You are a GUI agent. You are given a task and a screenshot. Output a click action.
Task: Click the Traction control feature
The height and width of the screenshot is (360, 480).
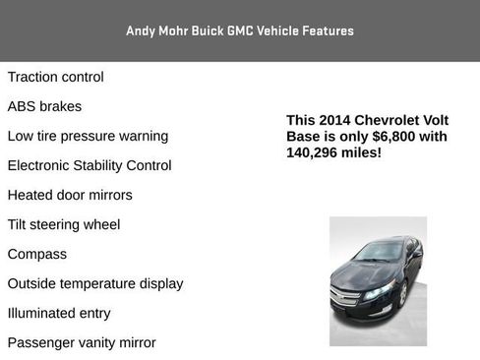(x=55, y=77)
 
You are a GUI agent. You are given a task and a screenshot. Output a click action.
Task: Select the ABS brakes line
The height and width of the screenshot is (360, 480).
(x=44, y=106)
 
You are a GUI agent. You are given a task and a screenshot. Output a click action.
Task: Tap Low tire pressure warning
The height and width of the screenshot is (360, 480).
(x=88, y=136)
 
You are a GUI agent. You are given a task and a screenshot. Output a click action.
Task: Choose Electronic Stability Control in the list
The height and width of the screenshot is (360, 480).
(x=90, y=165)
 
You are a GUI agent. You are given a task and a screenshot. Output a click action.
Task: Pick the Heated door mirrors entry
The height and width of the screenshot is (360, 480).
(x=70, y=195)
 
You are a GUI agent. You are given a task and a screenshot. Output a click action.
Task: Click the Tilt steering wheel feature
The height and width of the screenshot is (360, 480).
(x=64, y=224)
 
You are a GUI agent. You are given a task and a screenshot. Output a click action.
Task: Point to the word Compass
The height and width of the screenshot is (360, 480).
(x=37, y=254)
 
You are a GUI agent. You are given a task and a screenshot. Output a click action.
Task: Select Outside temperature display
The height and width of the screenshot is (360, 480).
(x=95, y=283)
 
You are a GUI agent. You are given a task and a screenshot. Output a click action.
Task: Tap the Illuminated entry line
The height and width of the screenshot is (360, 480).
(x=59, y=313)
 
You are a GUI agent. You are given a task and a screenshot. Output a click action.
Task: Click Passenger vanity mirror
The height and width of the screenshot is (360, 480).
(x=82, y=342)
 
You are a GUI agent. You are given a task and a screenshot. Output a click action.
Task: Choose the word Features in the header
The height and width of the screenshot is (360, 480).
(x=326, y=30)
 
